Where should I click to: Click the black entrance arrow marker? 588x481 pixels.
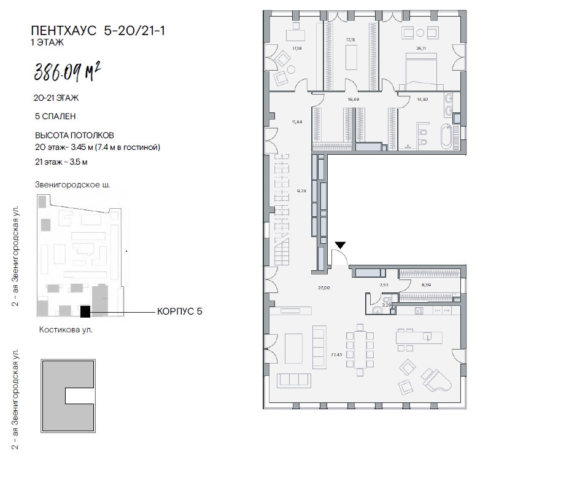pos(340,245)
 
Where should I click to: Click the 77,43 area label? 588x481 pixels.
pos(336,354)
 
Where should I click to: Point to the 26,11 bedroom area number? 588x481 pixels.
pos(421,48)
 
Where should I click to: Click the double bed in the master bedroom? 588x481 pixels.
pos(422,71)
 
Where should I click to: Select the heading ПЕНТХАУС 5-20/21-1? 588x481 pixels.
pos(98,31)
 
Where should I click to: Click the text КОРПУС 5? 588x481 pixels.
pos(180,311)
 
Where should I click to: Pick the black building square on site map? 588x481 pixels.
pos(85,312)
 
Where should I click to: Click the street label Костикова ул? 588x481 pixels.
pos(66,330)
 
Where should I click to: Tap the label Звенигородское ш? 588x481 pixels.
pos(73,184)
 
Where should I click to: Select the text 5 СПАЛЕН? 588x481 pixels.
pos(55,116)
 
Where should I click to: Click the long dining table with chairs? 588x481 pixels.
pos(360,350)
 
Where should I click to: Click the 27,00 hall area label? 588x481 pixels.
pos(324,287)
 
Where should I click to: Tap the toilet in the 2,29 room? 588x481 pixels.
pos(376,310)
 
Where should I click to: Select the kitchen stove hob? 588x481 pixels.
pos(419,311)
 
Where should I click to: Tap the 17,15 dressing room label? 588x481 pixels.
pos(350,39)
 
